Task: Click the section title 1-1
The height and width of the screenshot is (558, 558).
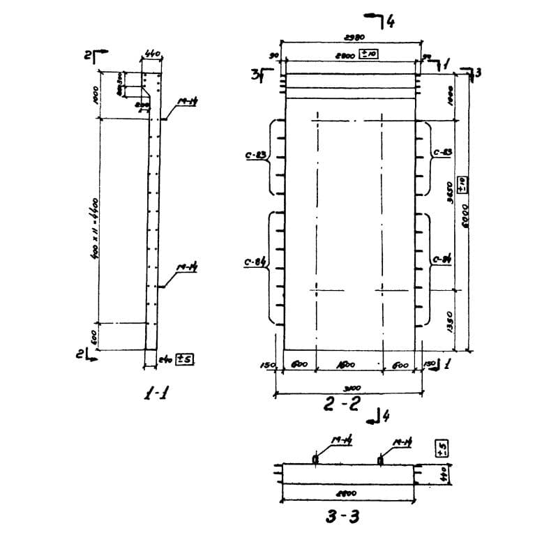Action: (x=154, y=394)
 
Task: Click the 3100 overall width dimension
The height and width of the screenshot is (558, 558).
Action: (x=352, y=389)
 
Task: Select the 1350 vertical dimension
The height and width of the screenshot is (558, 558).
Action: (x=450, y=320)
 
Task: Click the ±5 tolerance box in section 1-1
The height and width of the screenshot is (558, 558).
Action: (x=185, y=360)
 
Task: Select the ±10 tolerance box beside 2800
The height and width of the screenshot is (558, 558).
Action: (x=368, y=54)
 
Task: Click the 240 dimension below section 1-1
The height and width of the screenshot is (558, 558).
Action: (x=165, y=361)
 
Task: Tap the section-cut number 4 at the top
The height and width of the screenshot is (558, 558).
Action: (x=391, y=22)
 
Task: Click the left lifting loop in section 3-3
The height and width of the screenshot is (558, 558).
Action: (x=315, y=459)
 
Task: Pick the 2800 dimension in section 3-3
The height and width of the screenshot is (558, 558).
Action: (x=347, y=492)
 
